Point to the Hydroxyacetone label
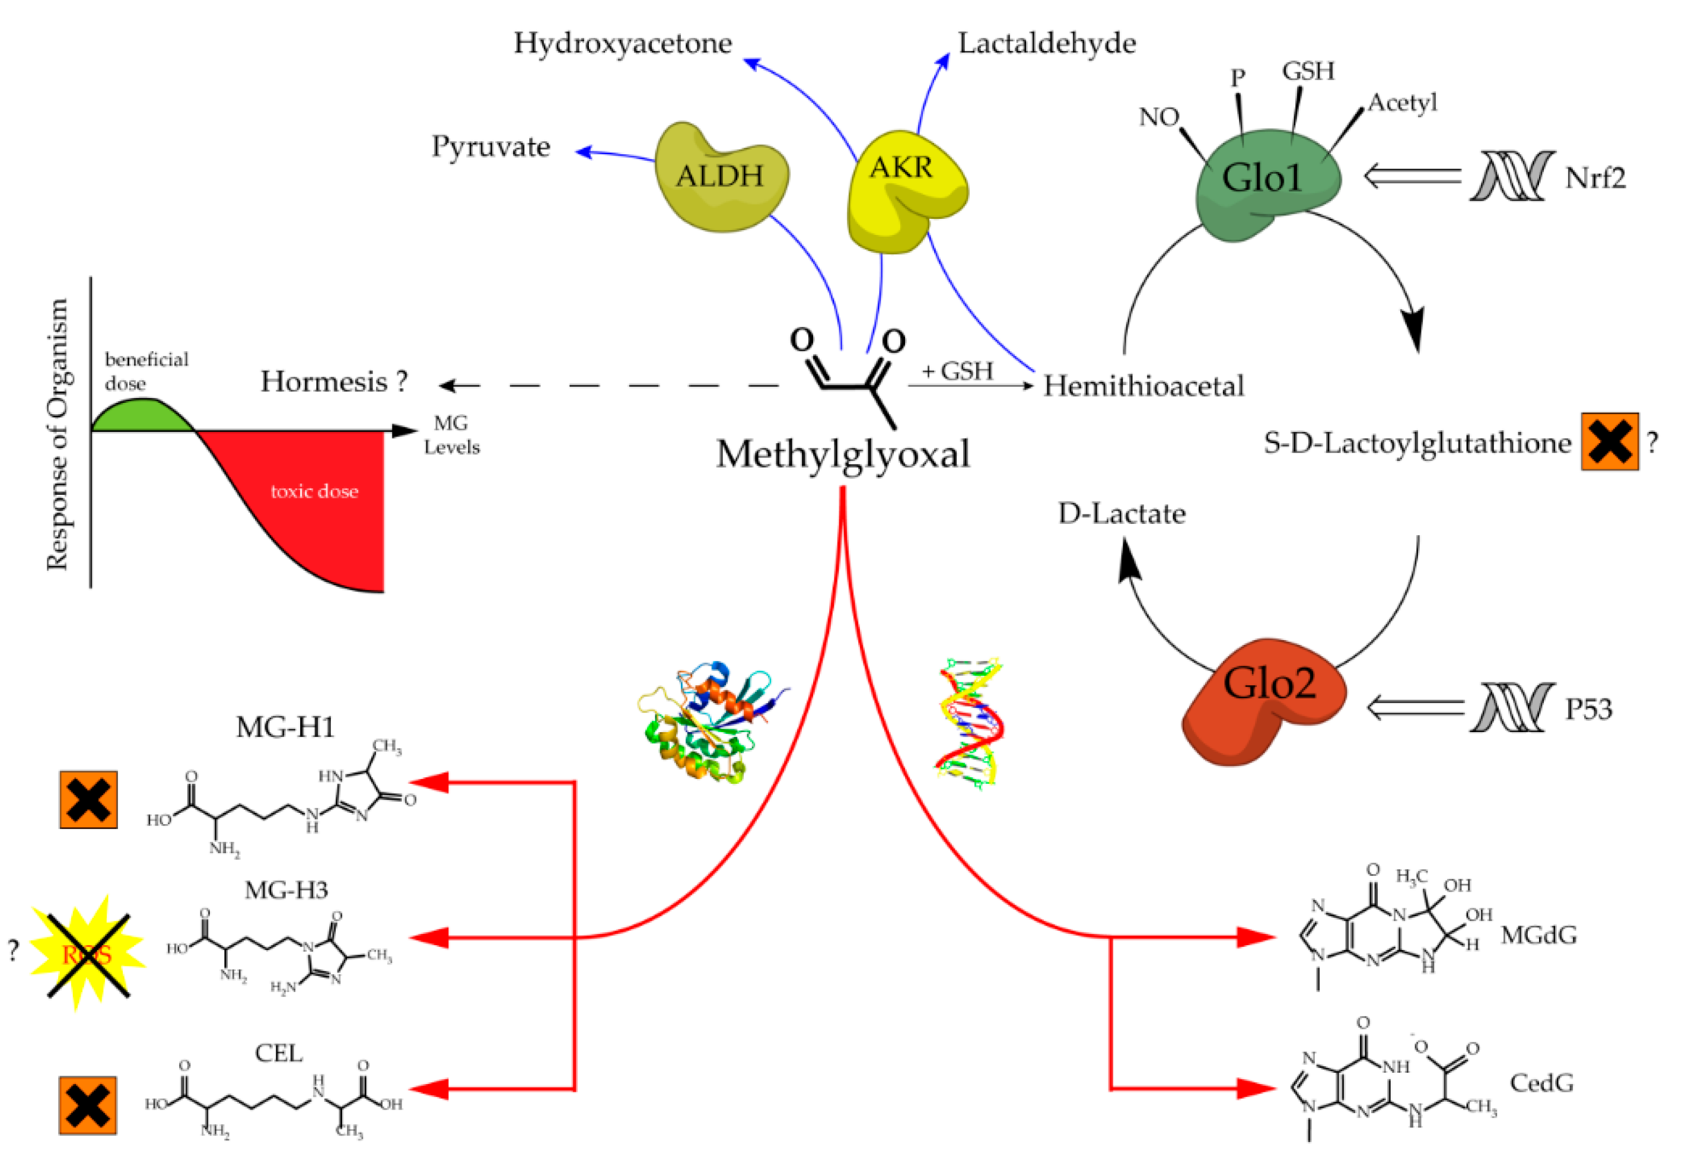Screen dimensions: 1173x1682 pos(622,43)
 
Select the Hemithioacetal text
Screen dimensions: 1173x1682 pos(1143,386)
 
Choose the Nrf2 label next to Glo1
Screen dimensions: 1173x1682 pos(1595,178)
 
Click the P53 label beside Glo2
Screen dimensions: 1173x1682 pos(1588,708)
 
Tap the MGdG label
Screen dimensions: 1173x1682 pos(1538,936)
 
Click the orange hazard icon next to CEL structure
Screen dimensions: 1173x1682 pos(88,1105)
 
